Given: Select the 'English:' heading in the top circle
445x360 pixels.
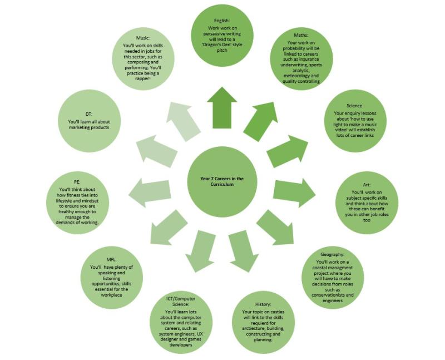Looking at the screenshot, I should [221, 21].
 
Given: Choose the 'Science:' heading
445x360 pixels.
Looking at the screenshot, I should [354, 105].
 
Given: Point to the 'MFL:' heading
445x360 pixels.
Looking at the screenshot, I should [111, 259].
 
